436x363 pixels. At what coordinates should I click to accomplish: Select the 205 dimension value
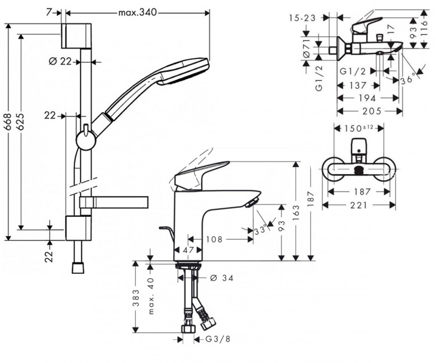369,111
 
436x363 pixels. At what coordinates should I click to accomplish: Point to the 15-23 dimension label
303,18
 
